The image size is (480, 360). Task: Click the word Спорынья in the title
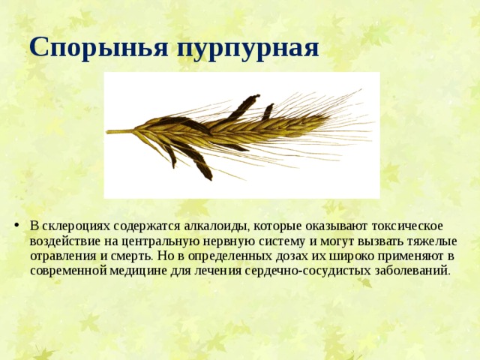pyautogui.click(x=99, y=48)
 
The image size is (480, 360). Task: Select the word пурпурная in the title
pyautogui.click(x=248, y=49)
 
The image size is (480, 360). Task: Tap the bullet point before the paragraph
pyautogui.click(x=16, y=226)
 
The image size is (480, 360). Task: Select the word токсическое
pyautogui.click(x=407, y=226)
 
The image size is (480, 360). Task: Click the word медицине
pyautogui.click(x=138, y=271)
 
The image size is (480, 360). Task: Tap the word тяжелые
pyautogui.click(x=432, y=241)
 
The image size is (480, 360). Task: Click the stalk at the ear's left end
pyautogui.click(x=120, y=132)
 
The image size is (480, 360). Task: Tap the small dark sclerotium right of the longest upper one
pyautogui.click(x=268, y=112)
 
